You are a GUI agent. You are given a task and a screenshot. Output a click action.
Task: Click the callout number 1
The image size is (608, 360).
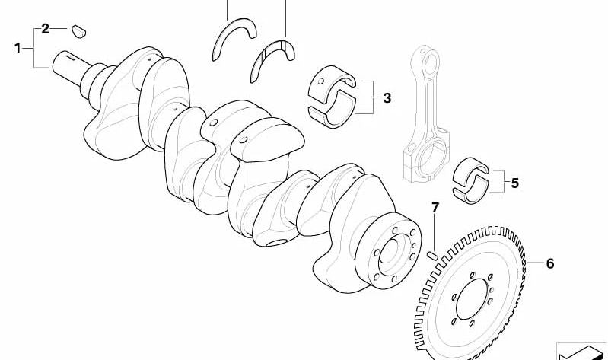coord(18,48)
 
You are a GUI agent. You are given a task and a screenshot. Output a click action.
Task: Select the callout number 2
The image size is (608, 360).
coord(46,29)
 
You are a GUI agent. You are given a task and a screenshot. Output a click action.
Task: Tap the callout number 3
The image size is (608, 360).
coord(387,98)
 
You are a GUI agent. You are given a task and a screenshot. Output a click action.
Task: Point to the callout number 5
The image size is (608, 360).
coord(514,183)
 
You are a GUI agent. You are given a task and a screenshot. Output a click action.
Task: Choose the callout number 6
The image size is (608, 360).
coord(550,264)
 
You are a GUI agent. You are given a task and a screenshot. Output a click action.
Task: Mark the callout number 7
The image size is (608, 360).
coord(435,208)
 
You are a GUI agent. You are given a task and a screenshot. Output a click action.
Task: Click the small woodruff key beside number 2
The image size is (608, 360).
coord(79,31)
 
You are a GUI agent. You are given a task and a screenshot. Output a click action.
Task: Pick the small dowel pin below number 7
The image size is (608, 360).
coord(432,255)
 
